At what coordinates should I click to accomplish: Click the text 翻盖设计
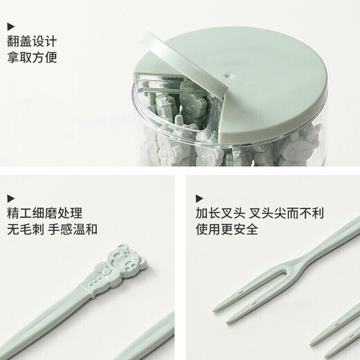click(x=32, y=41)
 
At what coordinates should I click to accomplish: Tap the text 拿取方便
click(x=32, y=57)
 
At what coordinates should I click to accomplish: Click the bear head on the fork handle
click(x=126, y=256)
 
